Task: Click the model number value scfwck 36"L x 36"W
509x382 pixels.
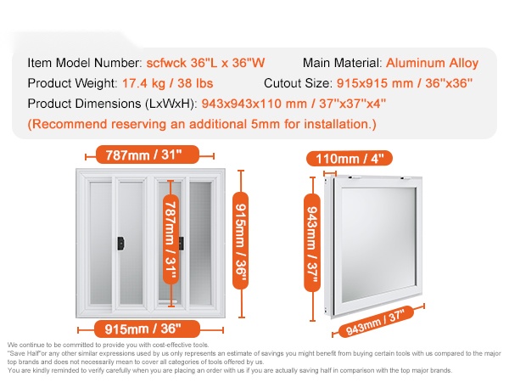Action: click(205, 63)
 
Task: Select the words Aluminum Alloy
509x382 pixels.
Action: click(432, 63)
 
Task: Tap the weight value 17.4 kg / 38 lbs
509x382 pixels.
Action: click(167, 83)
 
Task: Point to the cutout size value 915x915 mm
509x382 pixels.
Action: click(375, 83)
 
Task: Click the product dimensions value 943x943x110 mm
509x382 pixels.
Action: click(254, 104)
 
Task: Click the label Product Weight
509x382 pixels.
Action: click(72, 83)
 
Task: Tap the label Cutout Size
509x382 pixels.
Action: click(298, 83)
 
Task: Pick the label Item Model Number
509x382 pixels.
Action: click(85, 63)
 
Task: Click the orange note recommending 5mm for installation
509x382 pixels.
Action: click(202, 125)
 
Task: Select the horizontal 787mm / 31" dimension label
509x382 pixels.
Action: click(148, 155)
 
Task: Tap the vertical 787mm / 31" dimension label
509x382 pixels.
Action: click(171, 239)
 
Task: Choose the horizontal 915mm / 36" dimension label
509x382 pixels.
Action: click(147, 329)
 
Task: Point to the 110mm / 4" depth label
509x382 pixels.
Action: click(350, 159)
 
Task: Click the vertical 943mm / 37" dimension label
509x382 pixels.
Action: click(312, 242)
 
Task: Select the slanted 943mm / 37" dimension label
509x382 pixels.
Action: click(376, 322)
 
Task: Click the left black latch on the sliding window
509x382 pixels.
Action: click(120, 244)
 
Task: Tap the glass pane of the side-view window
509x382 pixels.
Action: click(378, 244)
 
